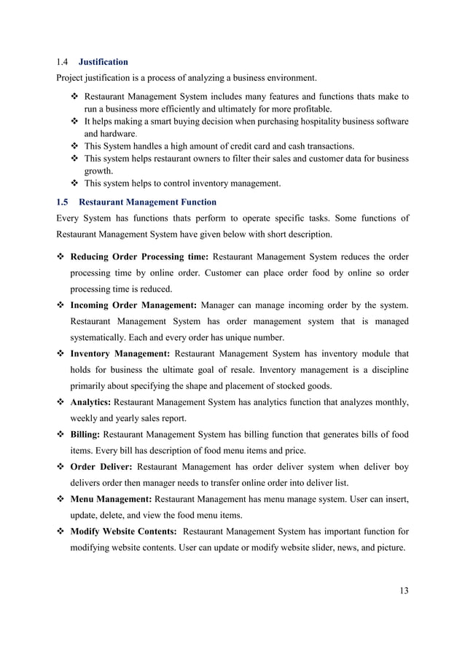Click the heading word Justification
pos(103,62)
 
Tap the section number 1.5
pos(63,202)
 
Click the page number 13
pos(404,590)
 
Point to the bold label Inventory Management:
pos(121,353)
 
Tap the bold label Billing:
pos(86,434)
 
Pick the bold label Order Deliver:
pos(101,466)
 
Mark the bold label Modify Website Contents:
pos(123,532)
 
